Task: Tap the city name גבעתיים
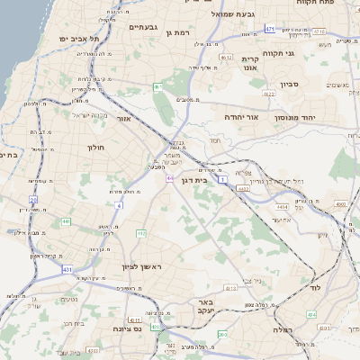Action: click(x=143, y=27)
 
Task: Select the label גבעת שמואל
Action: click(x=235, y=14)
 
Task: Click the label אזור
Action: click(x=124, y=118)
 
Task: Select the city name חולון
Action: click(x=95, y=147)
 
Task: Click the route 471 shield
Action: click(x=270, y=30)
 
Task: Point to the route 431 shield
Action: click(x=67, y=268)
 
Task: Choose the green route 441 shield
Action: click(x=66, y=221)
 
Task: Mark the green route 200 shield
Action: click(x=222, y=335)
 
